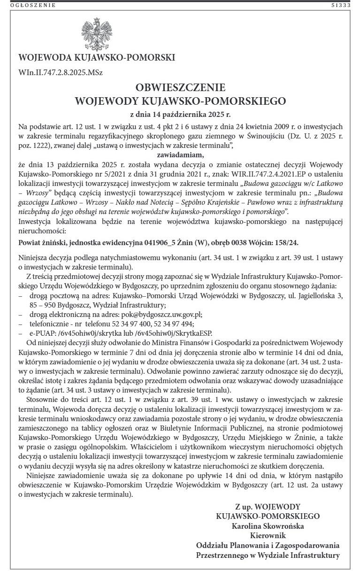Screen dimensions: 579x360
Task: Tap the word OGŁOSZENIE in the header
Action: [33, 5]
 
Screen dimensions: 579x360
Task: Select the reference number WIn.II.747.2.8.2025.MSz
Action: [61, 73]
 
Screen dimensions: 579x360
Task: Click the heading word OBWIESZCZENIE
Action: [180, 88]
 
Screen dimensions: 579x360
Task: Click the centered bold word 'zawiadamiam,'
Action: [180, 154]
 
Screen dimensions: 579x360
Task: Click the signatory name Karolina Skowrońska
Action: [268, 526]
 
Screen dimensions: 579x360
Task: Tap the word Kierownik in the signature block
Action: [268, 535]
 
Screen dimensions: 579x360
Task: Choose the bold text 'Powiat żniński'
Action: [41, 243]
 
